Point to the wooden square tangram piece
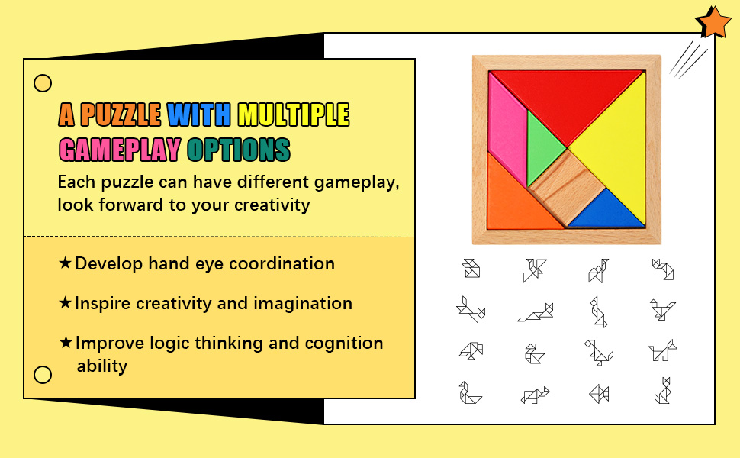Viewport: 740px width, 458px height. click(567, 187)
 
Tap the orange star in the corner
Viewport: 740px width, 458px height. click(713, 22)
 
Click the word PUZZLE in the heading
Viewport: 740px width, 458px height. click(121, 114)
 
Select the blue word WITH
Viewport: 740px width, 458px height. click(198, 114)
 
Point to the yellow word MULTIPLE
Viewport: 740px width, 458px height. click(293, 114)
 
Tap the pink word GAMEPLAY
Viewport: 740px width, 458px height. click(120, 150)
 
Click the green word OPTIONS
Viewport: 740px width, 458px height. click(239, 150)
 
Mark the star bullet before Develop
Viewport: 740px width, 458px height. click(65, 263)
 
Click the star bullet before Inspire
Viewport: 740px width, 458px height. click(65, 302)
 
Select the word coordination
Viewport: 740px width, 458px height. click(282, 263)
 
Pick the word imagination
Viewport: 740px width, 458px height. click(303, 304)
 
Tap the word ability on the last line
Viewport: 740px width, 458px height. click(102, 366)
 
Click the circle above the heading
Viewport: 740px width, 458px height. click(43, 83)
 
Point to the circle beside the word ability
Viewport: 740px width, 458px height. click(43, 375)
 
